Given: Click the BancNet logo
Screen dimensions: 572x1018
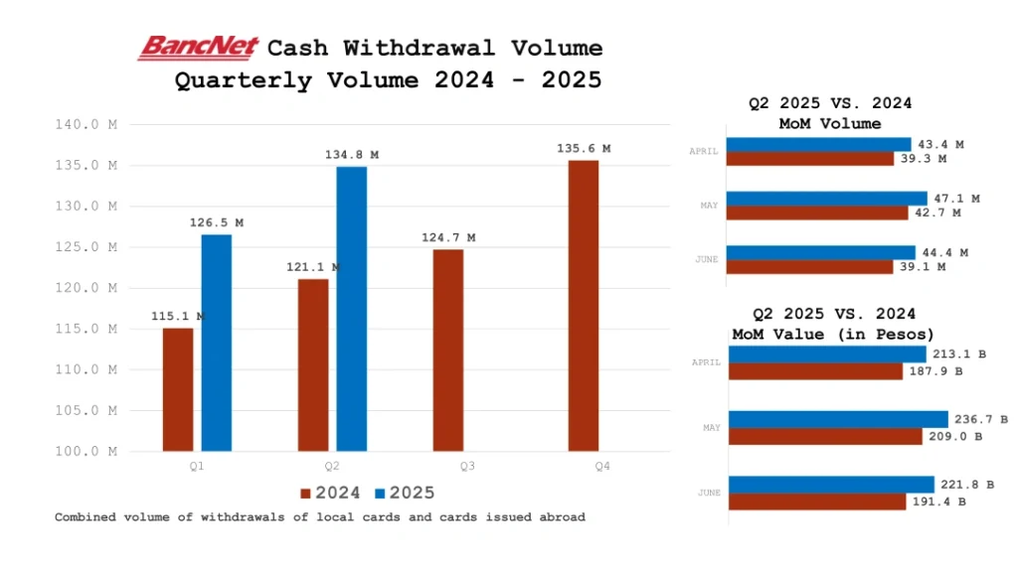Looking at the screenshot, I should click(x=199, y=48).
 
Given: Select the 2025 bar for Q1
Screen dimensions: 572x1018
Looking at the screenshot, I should click(x=216, y=343).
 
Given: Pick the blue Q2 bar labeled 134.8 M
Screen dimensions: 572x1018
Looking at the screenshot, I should click(x=351, y=309).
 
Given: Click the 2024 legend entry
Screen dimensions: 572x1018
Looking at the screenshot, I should click(x=330, y=494).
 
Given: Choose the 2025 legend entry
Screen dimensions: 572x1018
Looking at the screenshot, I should click(x=405, y=494).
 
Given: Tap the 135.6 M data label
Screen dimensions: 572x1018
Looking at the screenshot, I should click(x=584, y=149).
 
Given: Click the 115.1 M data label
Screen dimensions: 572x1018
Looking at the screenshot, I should click(x=178, y=317).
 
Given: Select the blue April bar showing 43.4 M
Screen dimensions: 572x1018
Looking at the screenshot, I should click(x=818, y=145).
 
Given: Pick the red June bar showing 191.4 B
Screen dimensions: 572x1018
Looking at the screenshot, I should click(x=816, y=502).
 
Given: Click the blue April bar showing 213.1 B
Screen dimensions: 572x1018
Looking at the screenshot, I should click(x=827, y=355).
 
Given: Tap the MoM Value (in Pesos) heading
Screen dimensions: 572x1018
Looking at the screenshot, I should click(x=833, y=334).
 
